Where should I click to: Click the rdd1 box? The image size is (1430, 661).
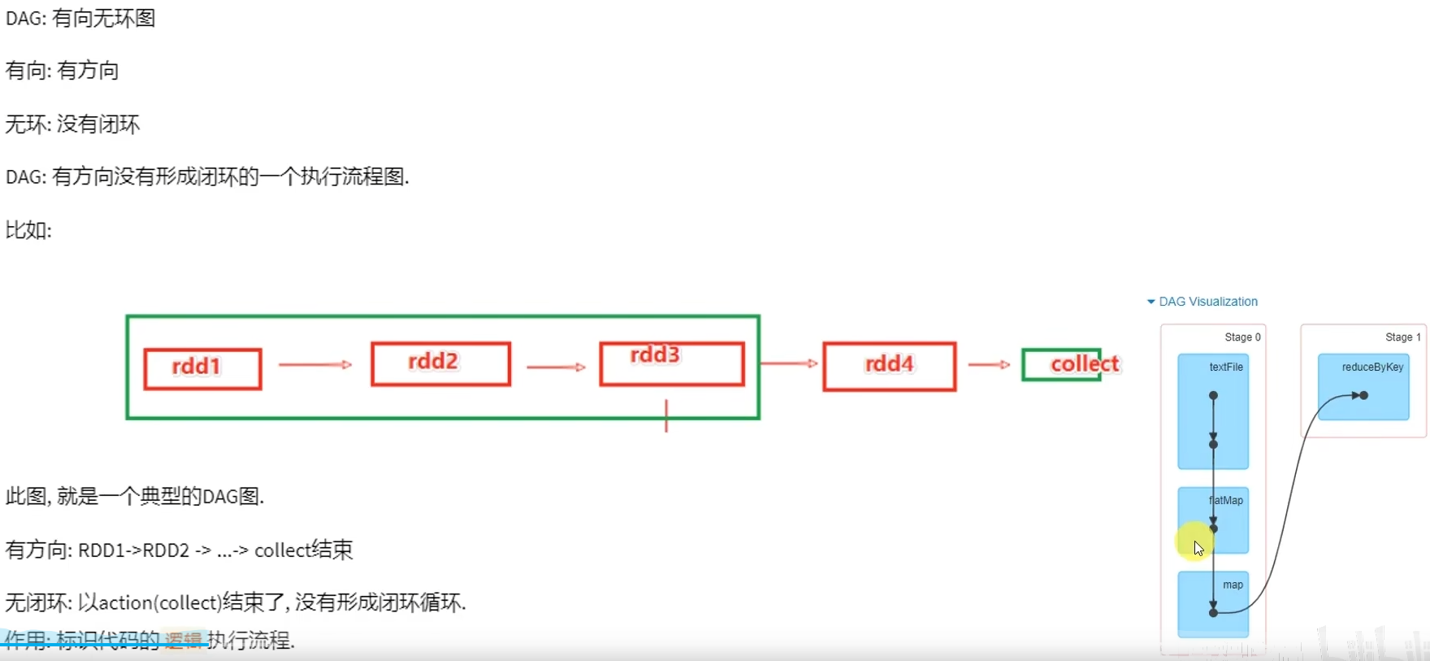(202, 369)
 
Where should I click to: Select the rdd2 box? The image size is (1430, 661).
(440, 363)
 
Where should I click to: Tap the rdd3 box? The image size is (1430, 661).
(671, 363)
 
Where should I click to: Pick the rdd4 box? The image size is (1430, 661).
(889, 366)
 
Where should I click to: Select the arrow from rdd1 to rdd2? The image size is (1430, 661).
(315, 364)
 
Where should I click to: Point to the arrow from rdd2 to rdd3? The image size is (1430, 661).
(556, 367)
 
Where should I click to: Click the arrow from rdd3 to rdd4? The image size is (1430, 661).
(789, 363)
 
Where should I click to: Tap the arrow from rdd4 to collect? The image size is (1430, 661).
(989, 364)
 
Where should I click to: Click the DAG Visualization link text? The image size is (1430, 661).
(1208, 302)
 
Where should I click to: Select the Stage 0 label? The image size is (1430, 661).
(1242, 337)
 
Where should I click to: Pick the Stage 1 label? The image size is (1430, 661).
(1402, 337)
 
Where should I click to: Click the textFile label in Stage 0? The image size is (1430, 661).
(1225, 367)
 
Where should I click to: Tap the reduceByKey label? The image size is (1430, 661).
(1372, 367)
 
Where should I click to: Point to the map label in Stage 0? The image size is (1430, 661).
(1233, 585)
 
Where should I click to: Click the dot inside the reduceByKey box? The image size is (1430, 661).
(1364, 396)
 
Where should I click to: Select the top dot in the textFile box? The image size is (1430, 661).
(1213, 396)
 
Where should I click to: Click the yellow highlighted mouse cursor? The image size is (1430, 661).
(1195, 543)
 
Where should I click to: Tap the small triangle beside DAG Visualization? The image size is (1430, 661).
(1150, 302)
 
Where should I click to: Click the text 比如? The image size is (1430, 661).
(28, 230)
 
